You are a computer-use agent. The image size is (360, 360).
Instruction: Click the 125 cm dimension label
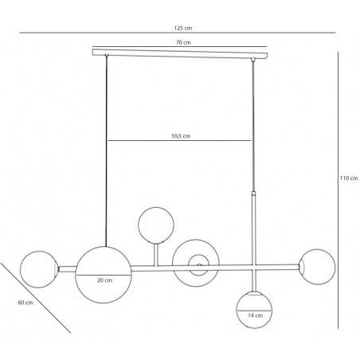[183, 28]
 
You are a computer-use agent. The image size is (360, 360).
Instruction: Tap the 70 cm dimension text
[183, 42]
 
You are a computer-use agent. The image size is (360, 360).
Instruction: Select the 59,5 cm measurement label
[181, 136]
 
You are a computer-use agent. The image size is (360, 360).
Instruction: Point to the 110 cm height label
[349, 178]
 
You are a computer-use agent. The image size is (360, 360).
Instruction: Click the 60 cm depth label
[25, 303]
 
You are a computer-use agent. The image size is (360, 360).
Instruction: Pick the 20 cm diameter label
[104, 280]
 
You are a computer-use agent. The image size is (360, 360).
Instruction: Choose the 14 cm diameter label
[255, 315]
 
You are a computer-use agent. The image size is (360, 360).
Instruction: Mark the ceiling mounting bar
[180, 53]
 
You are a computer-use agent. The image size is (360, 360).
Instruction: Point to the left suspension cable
[106, 151]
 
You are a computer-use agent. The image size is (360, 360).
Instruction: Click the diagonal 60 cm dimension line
[35, 298]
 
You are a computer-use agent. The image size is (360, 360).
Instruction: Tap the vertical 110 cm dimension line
[338, 190]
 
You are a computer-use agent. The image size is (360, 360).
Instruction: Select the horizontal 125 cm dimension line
[178, 33]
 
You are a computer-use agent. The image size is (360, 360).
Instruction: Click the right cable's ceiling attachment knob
[253, 59]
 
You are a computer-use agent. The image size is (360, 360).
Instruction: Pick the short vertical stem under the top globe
[156, 255]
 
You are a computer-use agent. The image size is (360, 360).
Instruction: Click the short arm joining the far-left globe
[68, 269]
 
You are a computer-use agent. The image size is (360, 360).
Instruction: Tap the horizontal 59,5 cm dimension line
[179, 140]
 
